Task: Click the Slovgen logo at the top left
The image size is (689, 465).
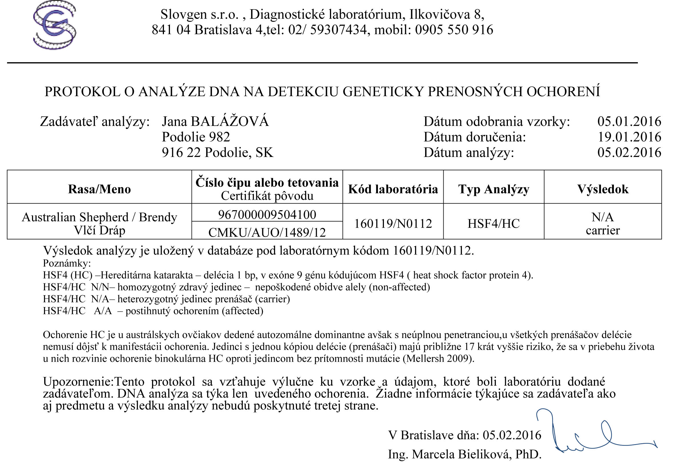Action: point(55,25)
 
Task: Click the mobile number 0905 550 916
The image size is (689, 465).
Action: point(454,30)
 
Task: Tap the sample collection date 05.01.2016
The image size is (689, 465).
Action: point(629,122)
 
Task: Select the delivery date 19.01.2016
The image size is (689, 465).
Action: point(629,137)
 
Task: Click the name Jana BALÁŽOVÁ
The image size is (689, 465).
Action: point(215,122)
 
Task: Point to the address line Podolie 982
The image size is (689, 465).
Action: point(196,137)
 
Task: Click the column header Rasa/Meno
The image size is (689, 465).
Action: point(99,189)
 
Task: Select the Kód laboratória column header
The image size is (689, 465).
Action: point(393,189)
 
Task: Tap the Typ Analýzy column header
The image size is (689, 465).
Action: point(494,189)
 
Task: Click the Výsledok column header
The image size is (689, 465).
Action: point(602,189)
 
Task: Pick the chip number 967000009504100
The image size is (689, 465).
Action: point(267,215)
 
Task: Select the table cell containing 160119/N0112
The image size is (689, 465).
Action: point(393,224)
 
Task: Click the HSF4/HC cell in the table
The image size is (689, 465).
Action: point(494,224)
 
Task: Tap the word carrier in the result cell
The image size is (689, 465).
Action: point(602,230)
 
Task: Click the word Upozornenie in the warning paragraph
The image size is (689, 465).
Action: point(78,382)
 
